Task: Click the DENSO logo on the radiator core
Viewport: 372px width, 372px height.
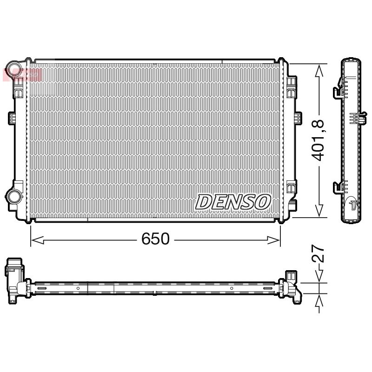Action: (233, 202)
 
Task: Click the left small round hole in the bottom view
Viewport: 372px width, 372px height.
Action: (78, 288)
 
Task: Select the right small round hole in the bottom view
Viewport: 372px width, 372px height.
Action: (231, 288)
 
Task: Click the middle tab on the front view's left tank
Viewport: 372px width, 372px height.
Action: (13, 118)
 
